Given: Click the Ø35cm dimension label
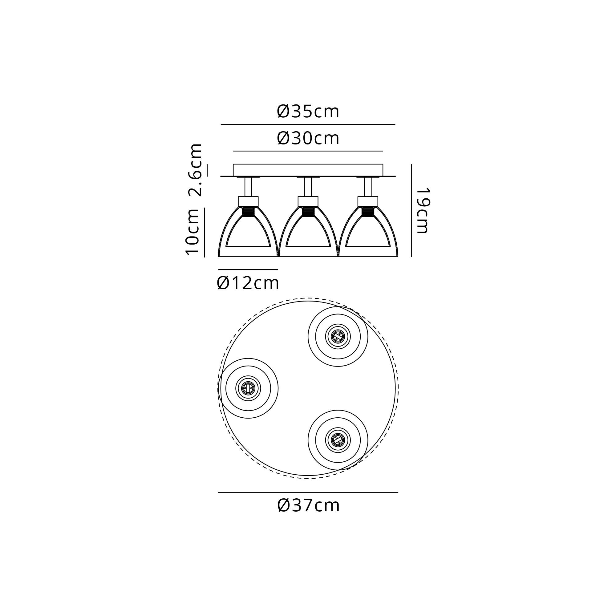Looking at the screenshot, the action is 308,111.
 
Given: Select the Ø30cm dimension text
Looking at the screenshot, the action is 308,138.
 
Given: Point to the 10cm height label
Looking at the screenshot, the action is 192,232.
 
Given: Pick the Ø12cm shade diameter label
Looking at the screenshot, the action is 248,283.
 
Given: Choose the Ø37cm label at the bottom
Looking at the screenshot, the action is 309,505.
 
